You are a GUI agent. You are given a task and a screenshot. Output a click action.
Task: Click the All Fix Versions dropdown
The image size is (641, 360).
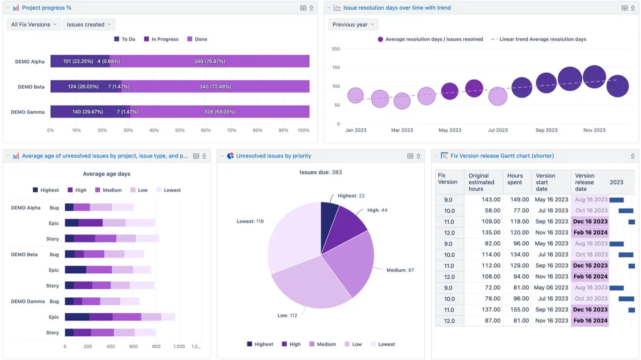point(34,24)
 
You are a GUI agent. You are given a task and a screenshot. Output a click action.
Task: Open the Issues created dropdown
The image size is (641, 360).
point(89,24)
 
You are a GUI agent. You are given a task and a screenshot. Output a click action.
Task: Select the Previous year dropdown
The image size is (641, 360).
point(353,24)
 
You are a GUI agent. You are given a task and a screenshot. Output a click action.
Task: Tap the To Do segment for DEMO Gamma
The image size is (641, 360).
point(87,112)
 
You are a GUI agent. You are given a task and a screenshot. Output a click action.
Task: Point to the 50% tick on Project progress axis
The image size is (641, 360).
point(180,130)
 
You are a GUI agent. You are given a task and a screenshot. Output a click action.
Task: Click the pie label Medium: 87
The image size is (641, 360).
point(400,270)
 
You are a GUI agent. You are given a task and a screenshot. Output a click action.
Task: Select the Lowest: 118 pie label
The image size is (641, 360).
point(250,221)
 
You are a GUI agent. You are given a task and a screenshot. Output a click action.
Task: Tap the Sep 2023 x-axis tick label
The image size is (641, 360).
point(546,130)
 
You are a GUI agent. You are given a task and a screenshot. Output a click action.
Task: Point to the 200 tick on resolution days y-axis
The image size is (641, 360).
point(336,49)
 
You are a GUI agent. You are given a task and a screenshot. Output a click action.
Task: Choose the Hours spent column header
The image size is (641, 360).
point(515,179)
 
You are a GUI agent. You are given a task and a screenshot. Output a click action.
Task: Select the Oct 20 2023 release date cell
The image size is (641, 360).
point(591,299)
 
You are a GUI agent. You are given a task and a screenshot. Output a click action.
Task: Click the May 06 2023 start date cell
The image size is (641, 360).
point(551,287)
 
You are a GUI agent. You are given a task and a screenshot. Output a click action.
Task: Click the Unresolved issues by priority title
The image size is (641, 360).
point(273,156)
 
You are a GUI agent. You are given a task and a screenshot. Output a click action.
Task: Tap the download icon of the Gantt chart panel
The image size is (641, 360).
point(633,156)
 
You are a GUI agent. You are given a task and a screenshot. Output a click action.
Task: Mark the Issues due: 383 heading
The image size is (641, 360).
point(320,172)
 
